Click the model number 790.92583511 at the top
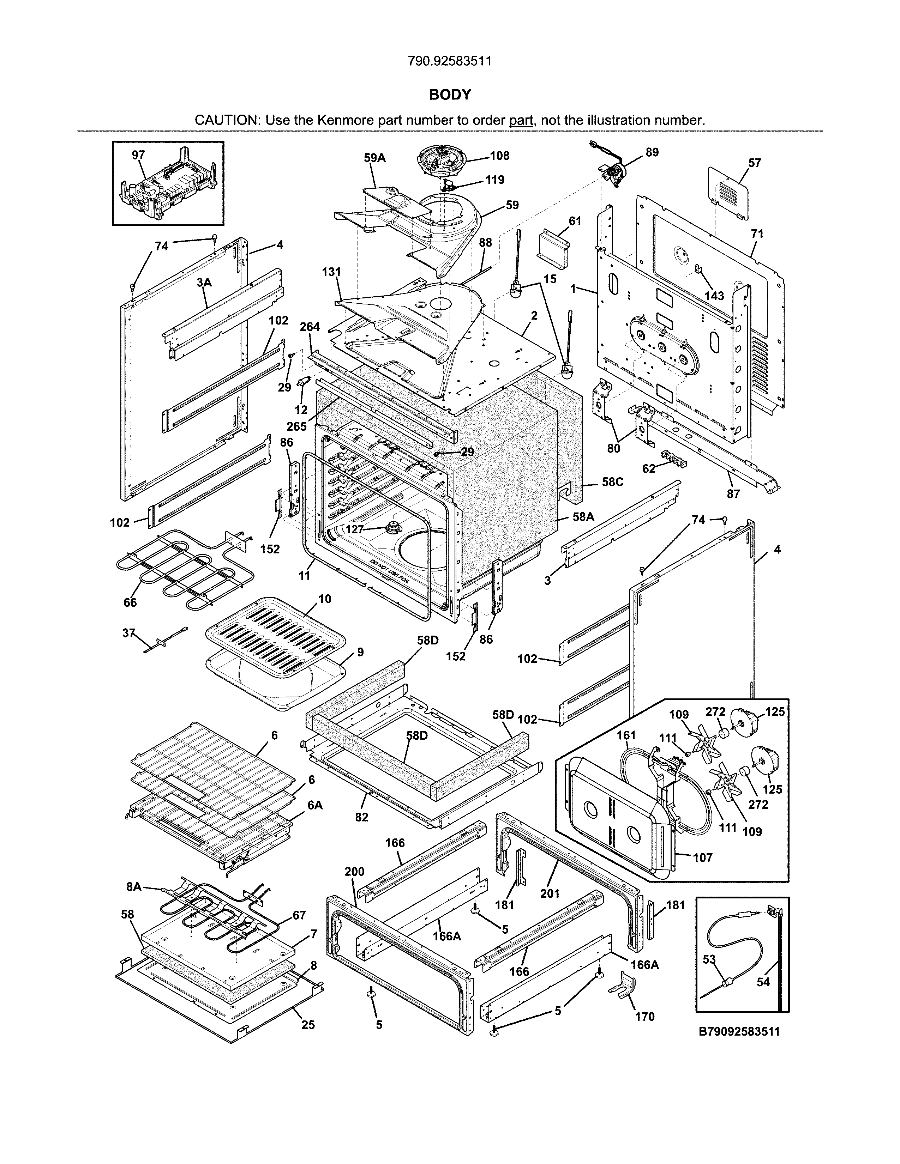click(449, 61)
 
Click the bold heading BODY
click(450, 95)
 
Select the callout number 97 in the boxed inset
click(138, 155)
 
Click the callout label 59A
click(375, 158)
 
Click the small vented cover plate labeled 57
click(728, 192)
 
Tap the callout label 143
click(714, 296)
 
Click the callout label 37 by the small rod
click(128, 633)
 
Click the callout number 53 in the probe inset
click(709, 959)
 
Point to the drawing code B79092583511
click(739, 1031)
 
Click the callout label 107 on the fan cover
click(703, 857)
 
